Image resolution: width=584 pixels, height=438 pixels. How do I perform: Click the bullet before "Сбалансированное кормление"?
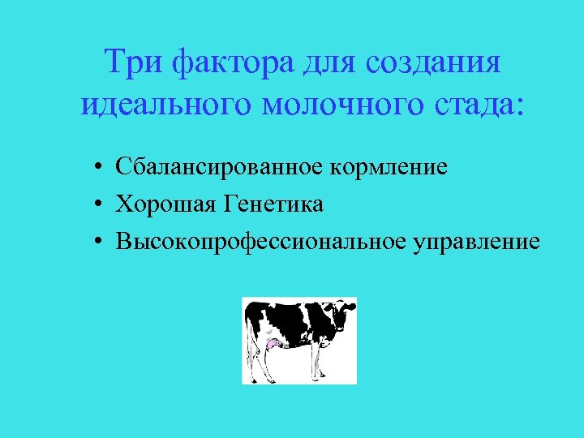pos(96,169)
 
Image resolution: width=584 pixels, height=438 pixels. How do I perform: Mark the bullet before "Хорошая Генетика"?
pos(96,205)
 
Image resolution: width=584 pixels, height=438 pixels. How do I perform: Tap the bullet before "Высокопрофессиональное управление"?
pos(96,243)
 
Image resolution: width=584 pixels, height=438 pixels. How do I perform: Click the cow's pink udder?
pos(271,344)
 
